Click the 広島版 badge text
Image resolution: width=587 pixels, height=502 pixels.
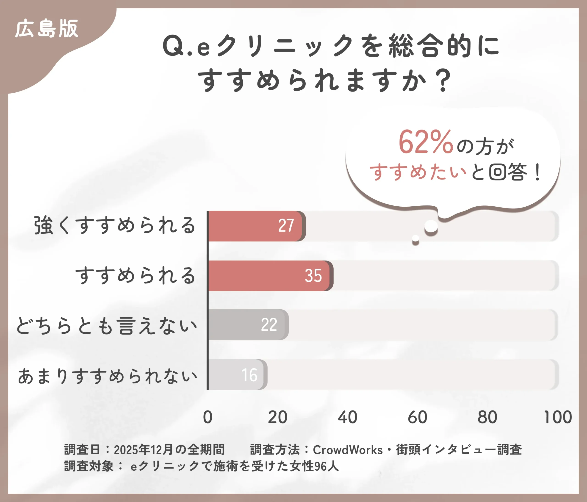(47, 29)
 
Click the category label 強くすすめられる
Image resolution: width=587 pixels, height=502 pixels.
(115, 225)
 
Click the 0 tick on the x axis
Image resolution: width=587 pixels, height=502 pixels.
(208, 417)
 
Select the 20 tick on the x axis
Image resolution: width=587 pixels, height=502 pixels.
(278, 417)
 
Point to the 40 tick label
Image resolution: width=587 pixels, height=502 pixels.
(347, 417)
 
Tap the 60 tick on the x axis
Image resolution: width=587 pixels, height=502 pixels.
(417, 417)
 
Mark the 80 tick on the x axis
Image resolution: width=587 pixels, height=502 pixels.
(487, 417)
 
